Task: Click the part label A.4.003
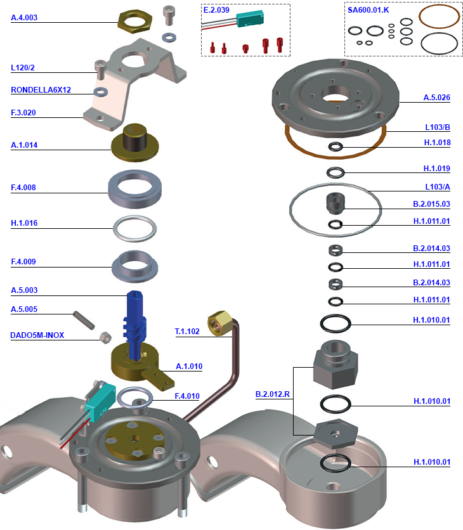(x=24, y=18)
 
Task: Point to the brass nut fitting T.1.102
(x=219, y=322)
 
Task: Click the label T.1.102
(x=187, y=331)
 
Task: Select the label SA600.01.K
(x=368, y=10)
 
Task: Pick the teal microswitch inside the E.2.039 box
(x=251, y=20)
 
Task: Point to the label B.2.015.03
(x=431, y=204)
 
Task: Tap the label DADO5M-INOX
(x=37, y=335)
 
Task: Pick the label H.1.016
(x=24, y=223)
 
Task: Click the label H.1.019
(x=437, y=169)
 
